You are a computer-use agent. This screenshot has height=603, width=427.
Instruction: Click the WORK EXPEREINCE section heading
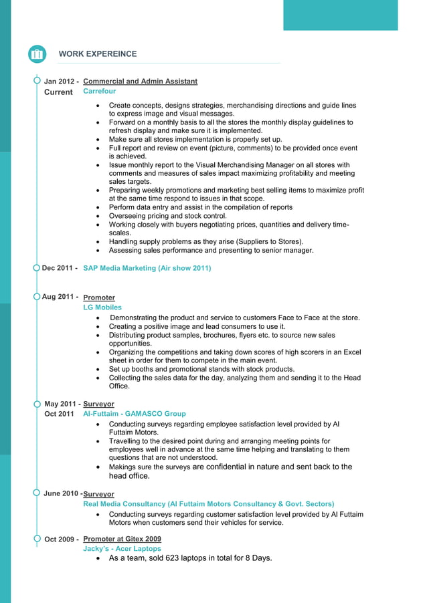tap(97, 54)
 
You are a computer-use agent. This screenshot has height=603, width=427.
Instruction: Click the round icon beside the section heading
tap(37, 54)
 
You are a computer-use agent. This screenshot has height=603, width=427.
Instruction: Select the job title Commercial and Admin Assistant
tap(140, 82)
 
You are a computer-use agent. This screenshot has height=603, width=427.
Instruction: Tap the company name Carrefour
tap(99, 91)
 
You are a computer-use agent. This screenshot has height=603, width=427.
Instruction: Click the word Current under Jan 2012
tap(58, 92)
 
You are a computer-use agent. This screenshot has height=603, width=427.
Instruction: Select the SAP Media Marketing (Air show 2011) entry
tap(147, 268)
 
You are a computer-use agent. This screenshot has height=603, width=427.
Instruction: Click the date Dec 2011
tap(59, 268)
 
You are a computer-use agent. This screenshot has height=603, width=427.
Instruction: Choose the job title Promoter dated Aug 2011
tap(99, 297)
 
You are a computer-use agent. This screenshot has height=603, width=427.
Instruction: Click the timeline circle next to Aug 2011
tap(36, 296)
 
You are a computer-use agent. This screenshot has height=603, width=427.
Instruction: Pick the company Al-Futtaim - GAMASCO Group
tap(134, 414)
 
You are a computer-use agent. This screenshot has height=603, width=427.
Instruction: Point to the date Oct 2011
tap(59, 414)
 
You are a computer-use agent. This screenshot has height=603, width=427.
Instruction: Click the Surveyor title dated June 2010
tap(99, 494)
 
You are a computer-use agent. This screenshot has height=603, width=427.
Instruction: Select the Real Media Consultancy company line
tap(208, 503)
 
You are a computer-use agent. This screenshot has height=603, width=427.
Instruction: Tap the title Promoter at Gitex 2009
tap(122, 539)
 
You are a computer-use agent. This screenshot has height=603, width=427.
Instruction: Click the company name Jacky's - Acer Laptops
tap(122, 548)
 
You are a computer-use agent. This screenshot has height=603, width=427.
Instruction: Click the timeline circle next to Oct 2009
tap(36, 538)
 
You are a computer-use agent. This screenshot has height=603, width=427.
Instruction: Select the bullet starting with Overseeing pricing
tap(167, 217)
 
